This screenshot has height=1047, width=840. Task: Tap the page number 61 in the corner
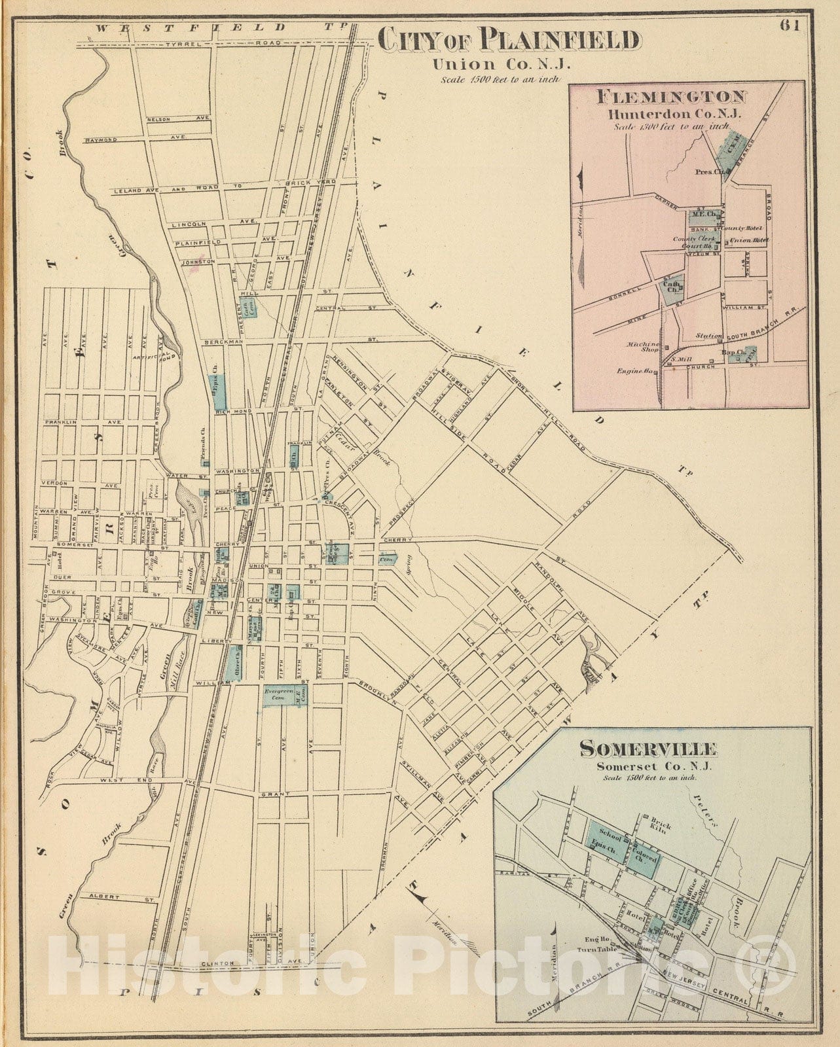point(790,27)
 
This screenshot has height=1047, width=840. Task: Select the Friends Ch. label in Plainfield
point(204,445)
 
